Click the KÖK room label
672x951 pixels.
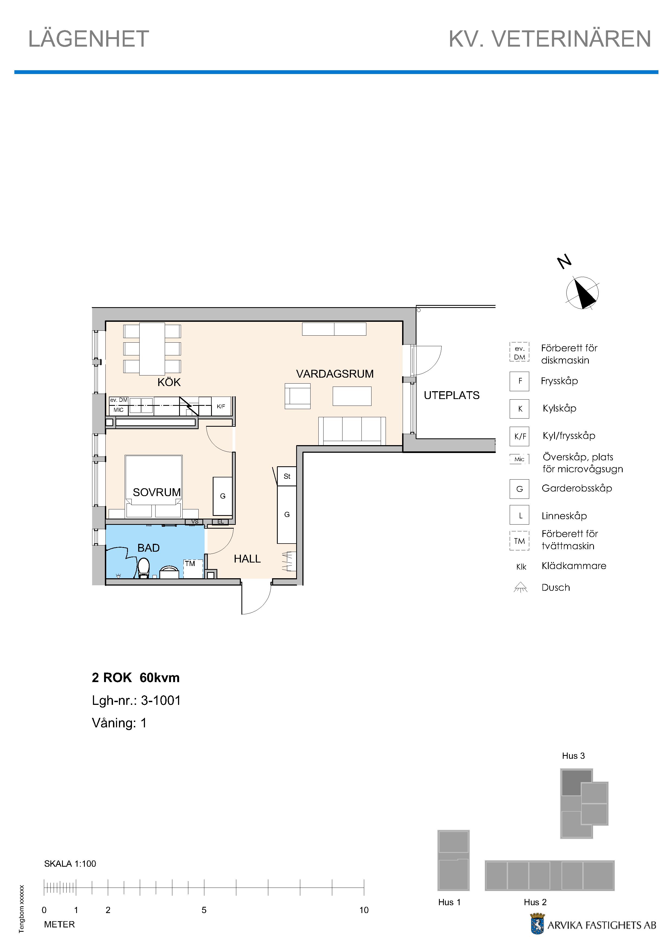[169, 382]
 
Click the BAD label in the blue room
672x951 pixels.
[148, 548]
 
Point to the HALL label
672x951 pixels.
[247, 559]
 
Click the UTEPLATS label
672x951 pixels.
[451, 395]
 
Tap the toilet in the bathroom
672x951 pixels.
[143, 568]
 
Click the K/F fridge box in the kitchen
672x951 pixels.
[221, 406]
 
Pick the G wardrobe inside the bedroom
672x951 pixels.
[223, 496]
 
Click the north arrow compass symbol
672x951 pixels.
[582, 293]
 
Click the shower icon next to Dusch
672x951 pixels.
[521, 587]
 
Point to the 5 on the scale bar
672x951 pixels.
[204, 910]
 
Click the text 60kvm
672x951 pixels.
[159, 678]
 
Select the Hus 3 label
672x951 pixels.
[573, 756]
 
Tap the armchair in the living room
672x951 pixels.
[297, 396]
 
